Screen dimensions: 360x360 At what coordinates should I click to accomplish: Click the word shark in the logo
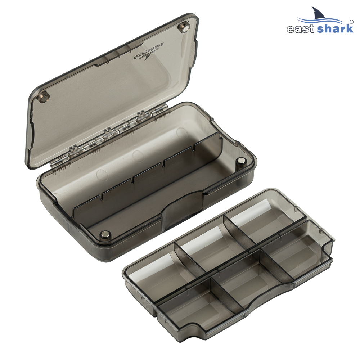pos(335,28)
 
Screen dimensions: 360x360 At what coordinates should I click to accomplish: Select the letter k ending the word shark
pos(350,28)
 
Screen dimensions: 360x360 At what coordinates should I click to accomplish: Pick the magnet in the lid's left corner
pos(44,96)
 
